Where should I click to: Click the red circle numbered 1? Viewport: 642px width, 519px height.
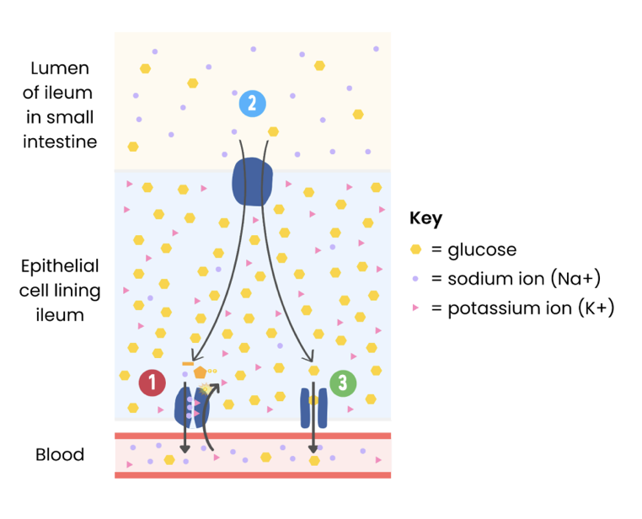(152, 383)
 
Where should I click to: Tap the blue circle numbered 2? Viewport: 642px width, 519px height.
(252, 103)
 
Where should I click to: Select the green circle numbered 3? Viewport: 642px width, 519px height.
(342, 383)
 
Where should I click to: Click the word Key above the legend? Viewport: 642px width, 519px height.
(425, 218)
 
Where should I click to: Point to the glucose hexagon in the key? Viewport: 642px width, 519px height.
(415, 250)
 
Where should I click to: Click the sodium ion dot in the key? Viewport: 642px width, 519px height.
(415, 279)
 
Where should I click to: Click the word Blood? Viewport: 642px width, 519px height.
(60, 455)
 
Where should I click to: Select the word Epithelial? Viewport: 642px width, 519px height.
(60, 266)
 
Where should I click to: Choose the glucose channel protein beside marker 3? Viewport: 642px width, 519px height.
(313, 407)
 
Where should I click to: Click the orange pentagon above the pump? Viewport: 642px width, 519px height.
(200, 372)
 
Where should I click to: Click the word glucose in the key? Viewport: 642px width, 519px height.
(482, 250)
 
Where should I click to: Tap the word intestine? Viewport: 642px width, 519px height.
(60, 142)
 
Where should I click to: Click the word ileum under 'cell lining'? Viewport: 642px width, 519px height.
(60, 315)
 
